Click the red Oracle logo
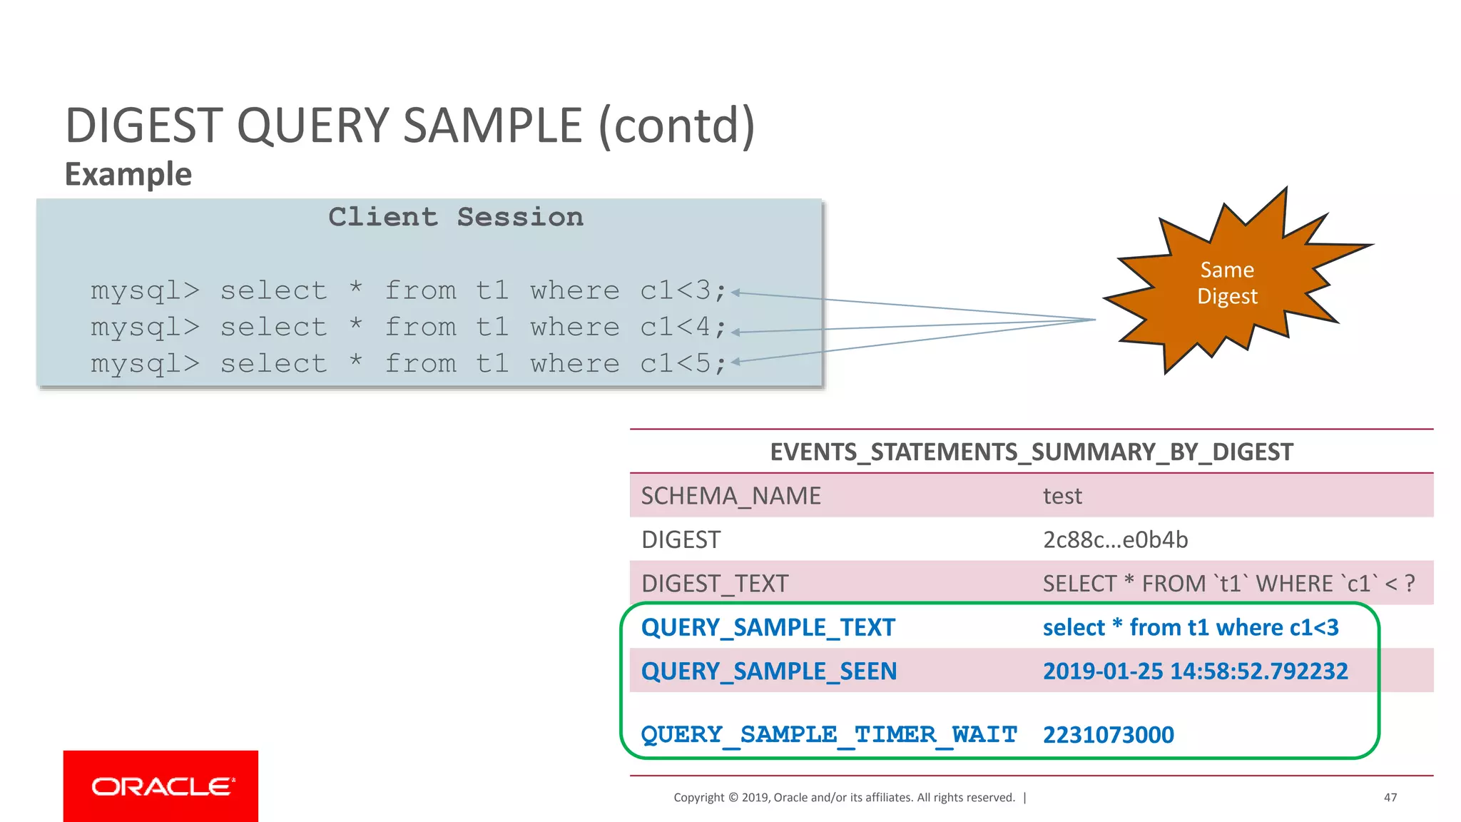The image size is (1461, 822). (x=161, y=786)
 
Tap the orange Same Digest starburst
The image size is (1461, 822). (x=1227, y=283)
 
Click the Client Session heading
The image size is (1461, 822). (x=456, y=217)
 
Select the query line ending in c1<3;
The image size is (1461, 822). (x=408, y=291)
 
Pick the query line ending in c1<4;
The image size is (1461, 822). (x=408, y=328)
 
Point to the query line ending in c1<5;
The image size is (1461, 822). (x=408, y=364)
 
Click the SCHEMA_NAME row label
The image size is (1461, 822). (x=730, y=496)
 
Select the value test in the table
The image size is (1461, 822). (x=1062, y=496)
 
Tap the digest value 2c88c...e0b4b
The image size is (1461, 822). (x=1115, y=539)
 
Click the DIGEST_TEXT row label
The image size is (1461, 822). (x=715, y=584)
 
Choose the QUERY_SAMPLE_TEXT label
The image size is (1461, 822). (x=768, y=627)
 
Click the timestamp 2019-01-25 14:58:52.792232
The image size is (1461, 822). (x=1195, y=671)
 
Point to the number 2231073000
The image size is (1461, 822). (x=1108, y=734)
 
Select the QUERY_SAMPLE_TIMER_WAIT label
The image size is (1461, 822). (x=829, y=734)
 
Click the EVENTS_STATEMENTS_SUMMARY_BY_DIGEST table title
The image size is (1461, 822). (x=1031, y=452)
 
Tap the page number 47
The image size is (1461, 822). (x=1390, y=797)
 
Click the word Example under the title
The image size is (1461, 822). (x=128, y=174)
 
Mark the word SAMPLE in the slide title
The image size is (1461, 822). (x=493, y=126)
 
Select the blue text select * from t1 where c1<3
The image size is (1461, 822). (x=1190, y=627)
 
